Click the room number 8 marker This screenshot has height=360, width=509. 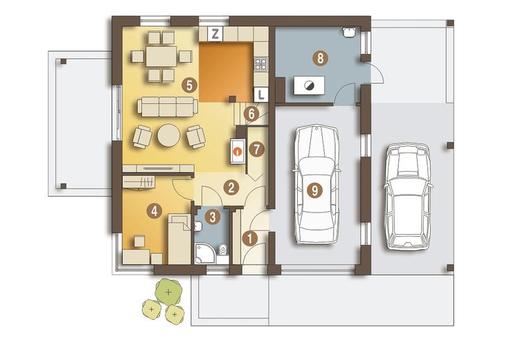click(x=321, y=58)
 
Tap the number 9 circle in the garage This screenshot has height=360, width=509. click(x=314, y=190)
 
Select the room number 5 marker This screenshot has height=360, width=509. click(x=190, y=85)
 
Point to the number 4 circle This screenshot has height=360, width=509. click(x=154, y=211)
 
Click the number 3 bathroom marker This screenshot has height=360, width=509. click(x=213, y=217)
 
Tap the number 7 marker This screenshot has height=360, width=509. click(x=257, y=150)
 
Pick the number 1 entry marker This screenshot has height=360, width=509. click(x=250, y=238)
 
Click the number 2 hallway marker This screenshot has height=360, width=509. click(x=231, y=188)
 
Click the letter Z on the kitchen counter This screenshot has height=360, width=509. click(x=215, y=34)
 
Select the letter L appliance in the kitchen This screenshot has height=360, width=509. click(x=260, y=94)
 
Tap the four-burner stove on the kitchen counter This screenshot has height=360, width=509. click(x=260, y=64)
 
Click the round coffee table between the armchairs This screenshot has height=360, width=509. click(x=169, y=136)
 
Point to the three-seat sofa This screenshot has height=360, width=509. click(x=168, y=107)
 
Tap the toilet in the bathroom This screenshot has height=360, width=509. click(x=223, y=249)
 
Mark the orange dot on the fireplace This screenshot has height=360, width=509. click(x=238, y=152)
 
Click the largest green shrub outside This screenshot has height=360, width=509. click(x=168, y=292)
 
